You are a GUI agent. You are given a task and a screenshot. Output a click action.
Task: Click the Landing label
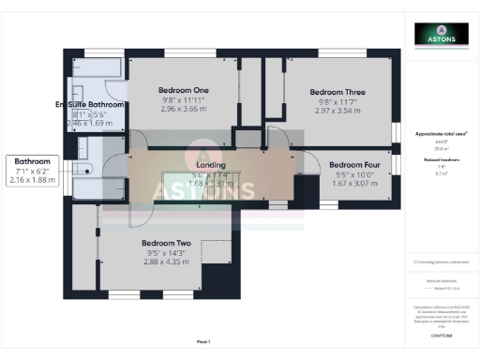pos(210,164)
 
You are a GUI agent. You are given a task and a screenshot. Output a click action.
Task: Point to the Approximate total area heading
pos(441,135)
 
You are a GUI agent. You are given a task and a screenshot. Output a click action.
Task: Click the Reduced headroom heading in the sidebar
pos(441,160)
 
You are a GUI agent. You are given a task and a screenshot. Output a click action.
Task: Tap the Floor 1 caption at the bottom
pos(203,341)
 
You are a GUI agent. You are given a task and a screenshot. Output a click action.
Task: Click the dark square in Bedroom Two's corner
pos(215,277)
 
